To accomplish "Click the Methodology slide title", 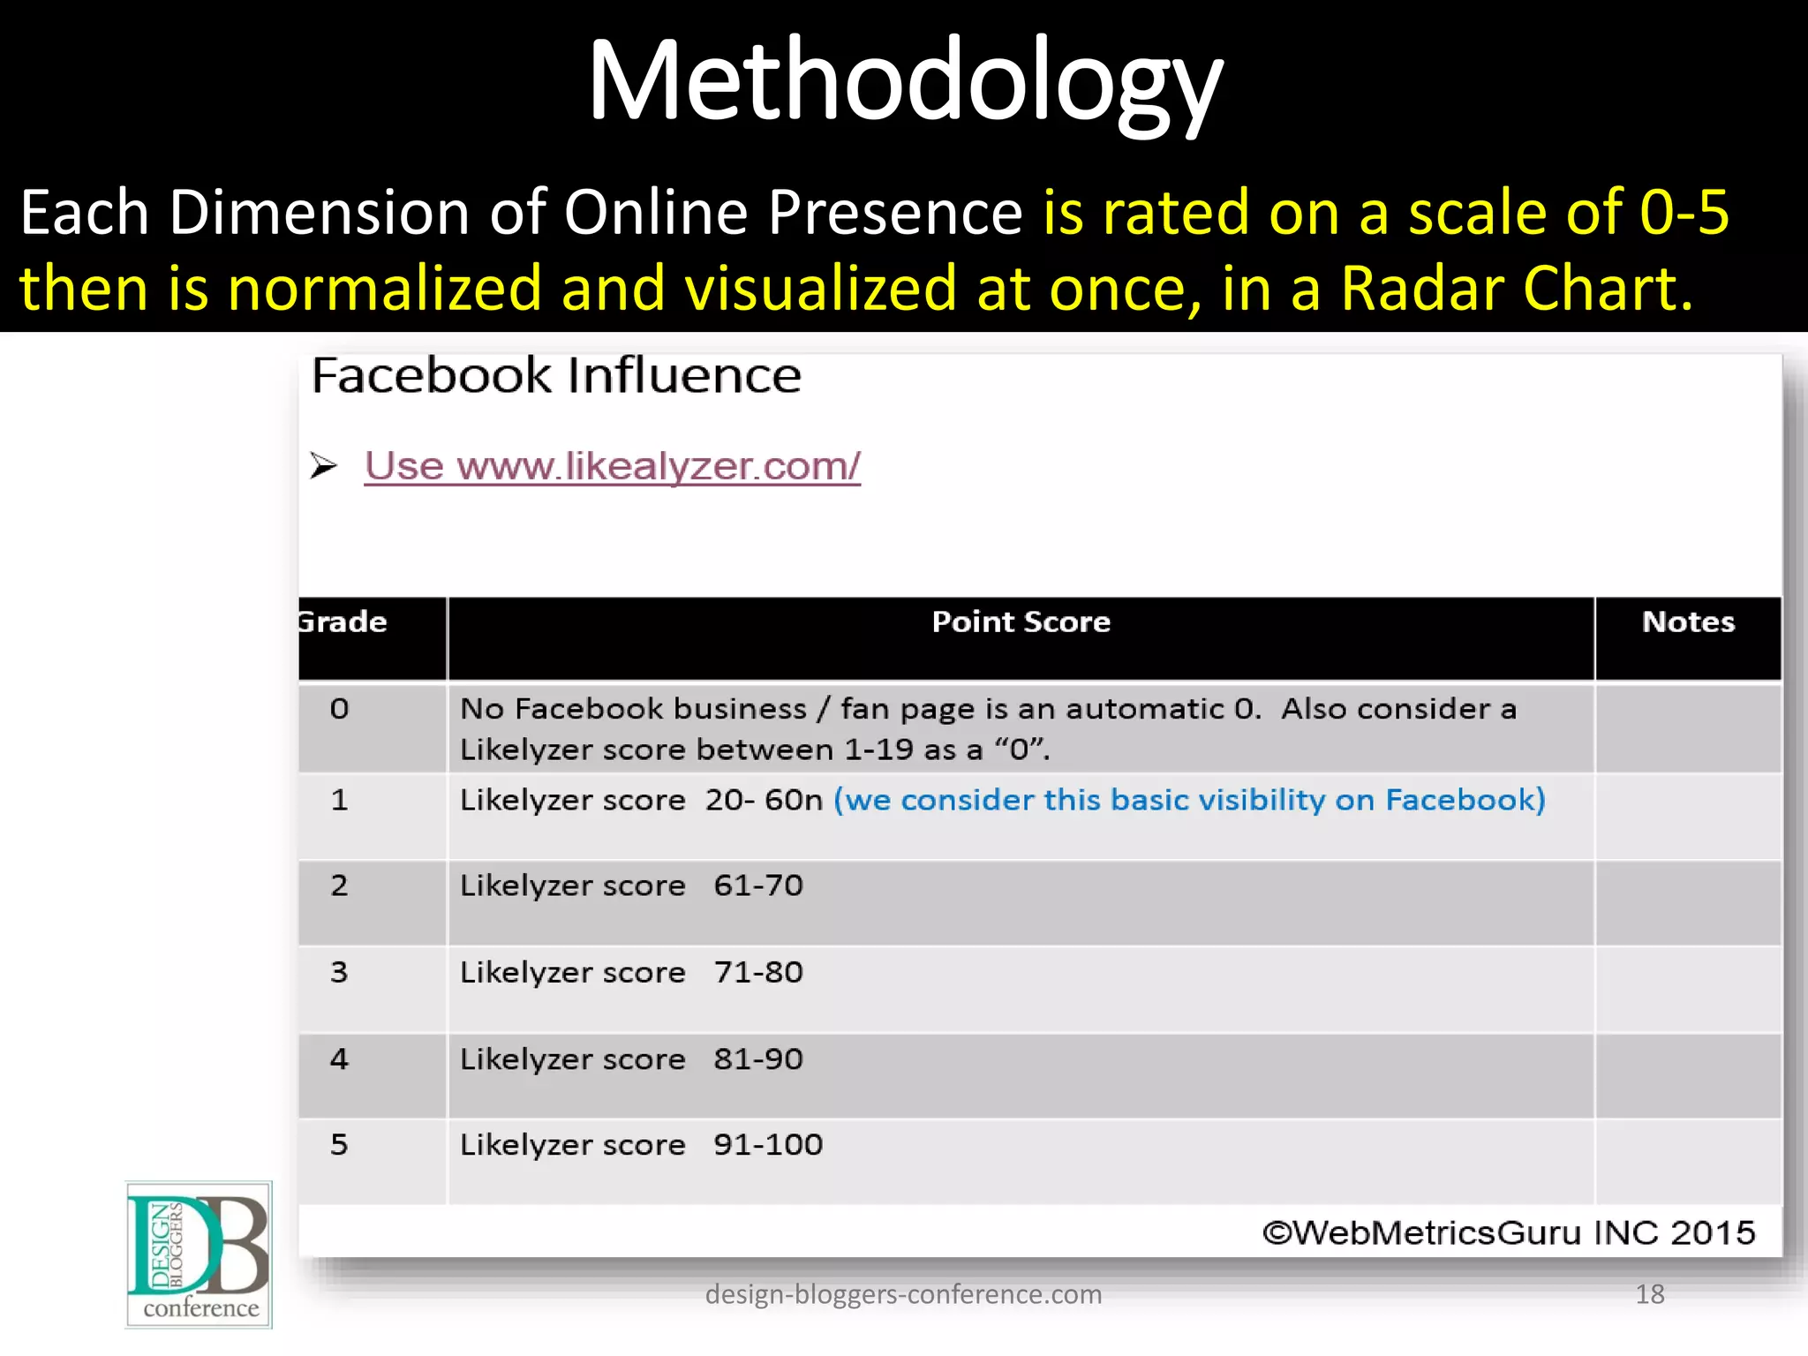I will tap(904, 81).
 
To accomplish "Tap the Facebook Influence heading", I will tap(556, 375).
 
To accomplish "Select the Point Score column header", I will tap(1021, 622).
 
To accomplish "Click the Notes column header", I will tap(1687, 622).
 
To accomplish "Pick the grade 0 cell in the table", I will tap(340, 709).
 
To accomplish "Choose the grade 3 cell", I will tap(340, 972).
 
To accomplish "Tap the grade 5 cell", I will tap(340, 1145).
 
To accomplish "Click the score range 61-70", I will tap(758, 885).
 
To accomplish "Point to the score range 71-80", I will tap(758, 972).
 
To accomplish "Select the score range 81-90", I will tap(758, 1058).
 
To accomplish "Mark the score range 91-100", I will tap(768, 1145).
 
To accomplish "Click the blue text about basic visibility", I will tap(1189, 800).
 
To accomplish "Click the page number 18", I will tap(1649, 1294).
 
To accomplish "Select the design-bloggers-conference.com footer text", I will tap(903, 1294).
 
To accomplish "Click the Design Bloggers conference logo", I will tap(199, 1254).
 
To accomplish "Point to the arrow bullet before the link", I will tap(324, 465).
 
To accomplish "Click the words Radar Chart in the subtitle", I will tap(1516, 289).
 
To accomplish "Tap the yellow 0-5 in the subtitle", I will tap(1684, 212).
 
